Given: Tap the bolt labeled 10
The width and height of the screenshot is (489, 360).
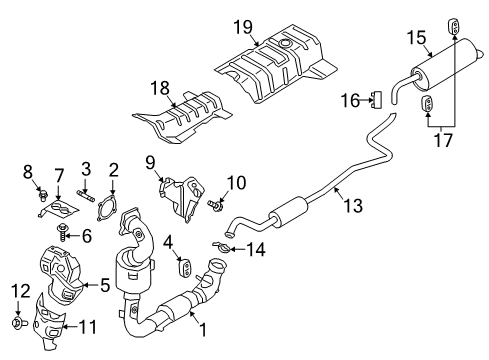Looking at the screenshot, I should (x=215, y=207).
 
